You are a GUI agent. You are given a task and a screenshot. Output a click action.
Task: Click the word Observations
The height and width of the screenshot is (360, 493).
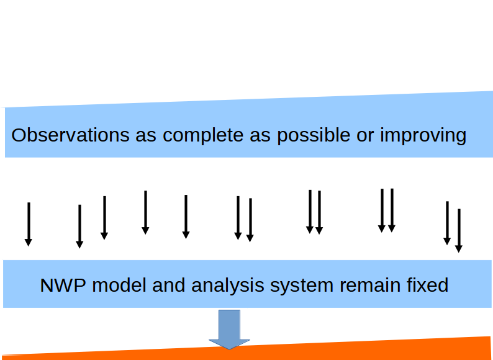coord(70,135)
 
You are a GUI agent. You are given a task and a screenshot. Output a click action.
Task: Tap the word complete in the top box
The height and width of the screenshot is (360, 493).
coord(203,136)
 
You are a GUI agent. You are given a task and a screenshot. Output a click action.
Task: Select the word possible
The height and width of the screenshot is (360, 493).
coord(314,136)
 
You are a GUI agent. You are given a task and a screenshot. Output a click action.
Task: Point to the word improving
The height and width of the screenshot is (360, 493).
coord(423,136)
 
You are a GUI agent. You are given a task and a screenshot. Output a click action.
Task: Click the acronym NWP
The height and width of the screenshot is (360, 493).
coord(63,286)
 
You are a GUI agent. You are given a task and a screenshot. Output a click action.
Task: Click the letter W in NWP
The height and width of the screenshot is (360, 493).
coord(63,286)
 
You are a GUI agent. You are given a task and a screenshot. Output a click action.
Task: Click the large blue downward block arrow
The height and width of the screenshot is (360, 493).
coord(229,330)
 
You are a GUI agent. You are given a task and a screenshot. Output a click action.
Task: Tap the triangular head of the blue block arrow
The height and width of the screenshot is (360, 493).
coord(229,344)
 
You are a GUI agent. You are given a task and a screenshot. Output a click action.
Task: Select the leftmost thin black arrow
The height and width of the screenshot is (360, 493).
coord(29,224)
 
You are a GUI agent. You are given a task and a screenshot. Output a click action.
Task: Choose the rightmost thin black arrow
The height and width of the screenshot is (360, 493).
coord(459,230)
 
